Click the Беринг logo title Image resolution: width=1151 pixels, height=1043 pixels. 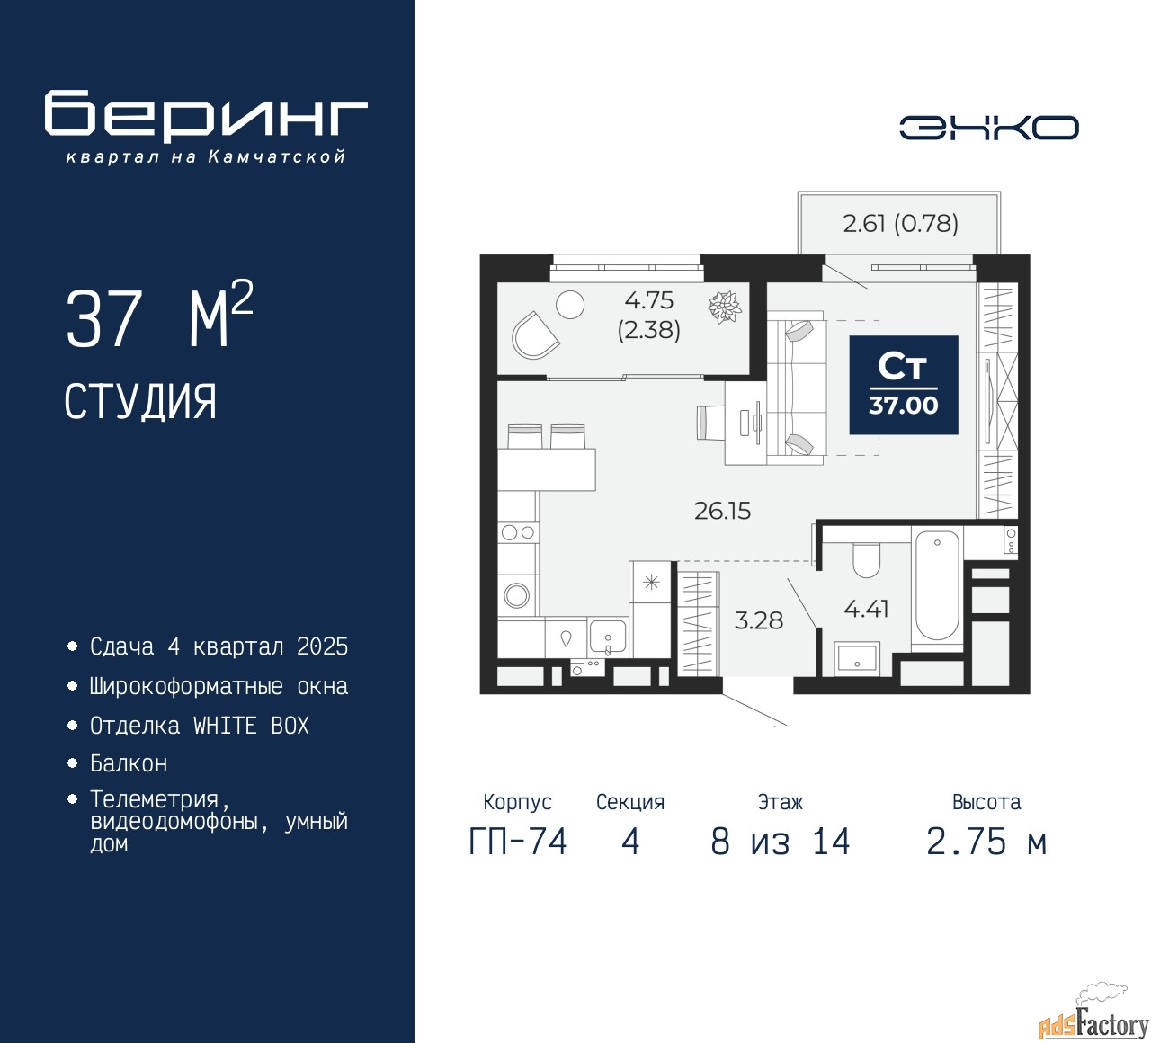coord(206,115)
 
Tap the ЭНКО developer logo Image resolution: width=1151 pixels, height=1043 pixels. coord(988,128)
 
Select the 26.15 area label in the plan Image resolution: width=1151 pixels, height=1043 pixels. coord(722,511)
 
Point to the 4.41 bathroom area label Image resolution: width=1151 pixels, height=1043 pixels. coord(866,609)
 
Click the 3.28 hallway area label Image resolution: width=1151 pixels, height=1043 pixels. coord(758,620)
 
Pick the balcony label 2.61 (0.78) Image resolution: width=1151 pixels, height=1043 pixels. coord(900,223)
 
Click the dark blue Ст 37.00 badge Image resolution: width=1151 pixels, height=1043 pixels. coord(903,386)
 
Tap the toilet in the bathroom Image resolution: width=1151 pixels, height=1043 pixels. coord(866,560)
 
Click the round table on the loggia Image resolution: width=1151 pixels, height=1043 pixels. coord(570,305)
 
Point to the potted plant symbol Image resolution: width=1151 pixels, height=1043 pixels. coord(724,307)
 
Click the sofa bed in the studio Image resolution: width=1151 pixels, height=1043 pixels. coord(797,388)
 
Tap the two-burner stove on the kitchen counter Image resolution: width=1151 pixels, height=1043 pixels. coord(518,532)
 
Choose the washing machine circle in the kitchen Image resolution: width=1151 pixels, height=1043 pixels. coord(517,594)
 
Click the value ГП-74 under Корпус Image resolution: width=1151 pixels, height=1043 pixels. coord(518,842)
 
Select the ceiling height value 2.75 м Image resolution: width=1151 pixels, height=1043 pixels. coord(986,842)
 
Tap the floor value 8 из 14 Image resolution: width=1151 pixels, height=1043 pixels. coord(780,842)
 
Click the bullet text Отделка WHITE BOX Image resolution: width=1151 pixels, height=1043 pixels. coord(199,726)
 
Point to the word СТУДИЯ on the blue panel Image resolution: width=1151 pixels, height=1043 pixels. coord(140,402)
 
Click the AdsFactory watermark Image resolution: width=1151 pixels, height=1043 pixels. coord(1093,1023)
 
